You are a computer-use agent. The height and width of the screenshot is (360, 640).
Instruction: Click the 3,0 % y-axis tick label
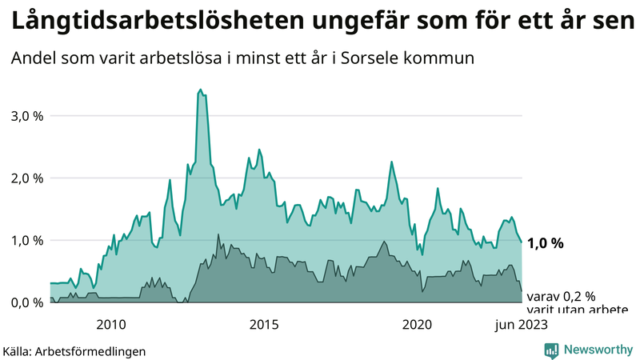(x=26, y=116)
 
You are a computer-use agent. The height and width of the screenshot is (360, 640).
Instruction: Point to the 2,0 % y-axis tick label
(x=26, y=178)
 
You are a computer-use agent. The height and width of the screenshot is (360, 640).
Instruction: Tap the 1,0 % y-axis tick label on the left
(x=26, y=240)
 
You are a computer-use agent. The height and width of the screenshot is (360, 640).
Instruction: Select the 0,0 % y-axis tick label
(x=26, y=302)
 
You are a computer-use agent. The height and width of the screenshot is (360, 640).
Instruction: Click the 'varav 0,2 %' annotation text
(x=562, y=296)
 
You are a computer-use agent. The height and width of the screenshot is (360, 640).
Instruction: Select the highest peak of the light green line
(x=200, y=90)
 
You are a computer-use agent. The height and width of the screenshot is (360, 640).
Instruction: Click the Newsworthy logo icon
(x=551, y=350)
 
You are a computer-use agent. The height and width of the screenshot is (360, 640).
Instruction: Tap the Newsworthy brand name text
(x=597, y=350)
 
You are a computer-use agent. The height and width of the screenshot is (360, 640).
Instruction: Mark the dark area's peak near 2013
(x=218, y=234)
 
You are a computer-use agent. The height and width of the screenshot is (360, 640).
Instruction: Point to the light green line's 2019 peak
(x=391, y=162)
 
